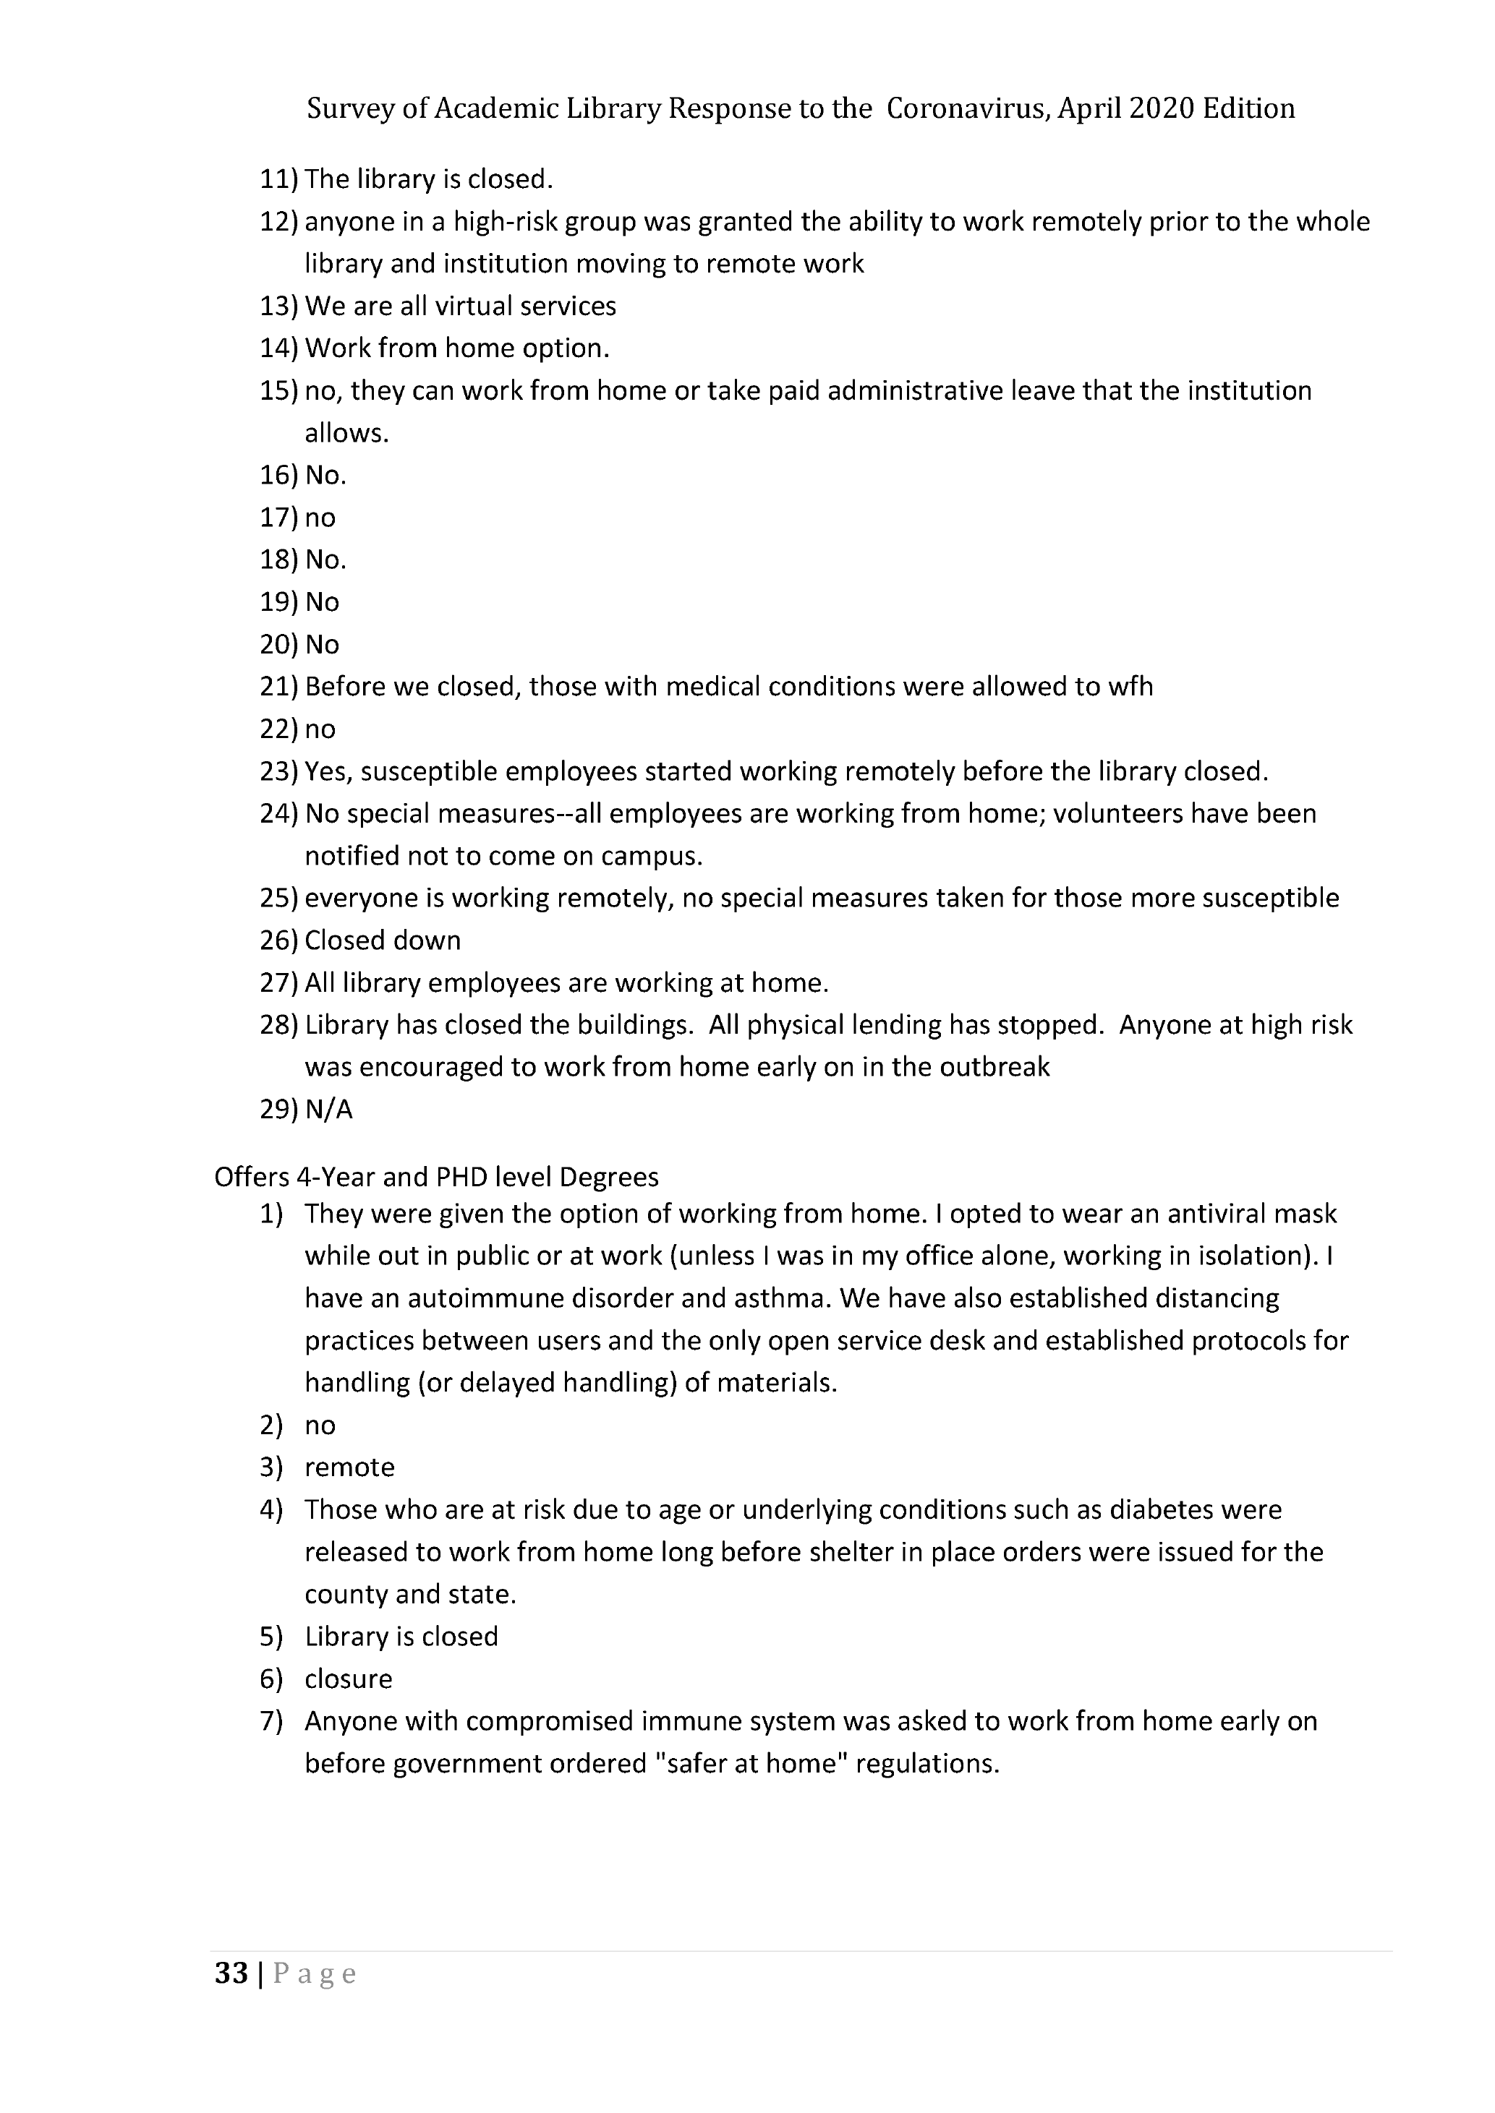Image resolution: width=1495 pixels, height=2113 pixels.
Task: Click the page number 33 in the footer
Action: pyautogui.click(x=231, y=1973)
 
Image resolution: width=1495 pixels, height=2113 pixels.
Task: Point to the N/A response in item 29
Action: pyautogui.click(x=328, y=1110)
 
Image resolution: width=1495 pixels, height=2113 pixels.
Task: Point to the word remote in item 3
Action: pyautogui.click(x=350, y=1467)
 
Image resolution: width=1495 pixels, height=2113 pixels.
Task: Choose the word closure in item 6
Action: pyautogui.click(x=349, y=1679)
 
